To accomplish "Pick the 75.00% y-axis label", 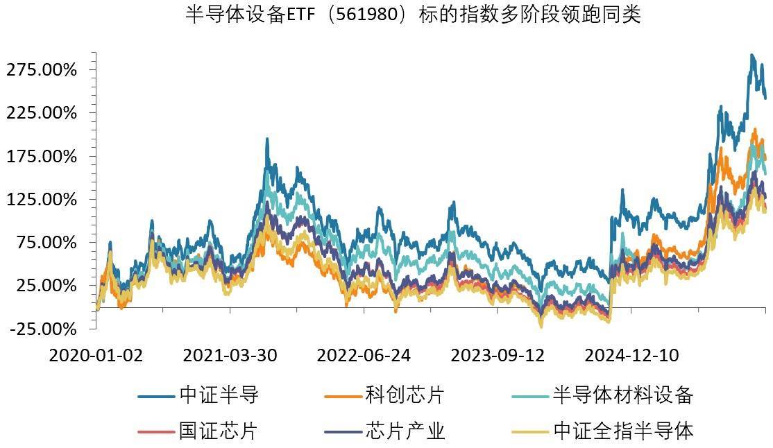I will click(x=46, y=242).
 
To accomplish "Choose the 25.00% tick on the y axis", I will click(x=46, y=285).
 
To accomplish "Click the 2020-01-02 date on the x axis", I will click(x=96, y=355).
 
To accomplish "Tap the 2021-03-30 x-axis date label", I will click(x=230, y=355).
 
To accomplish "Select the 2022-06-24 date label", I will click(x=364, y=355).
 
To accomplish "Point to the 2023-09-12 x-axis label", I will click(x=498, y=355).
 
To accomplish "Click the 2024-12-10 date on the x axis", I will click(x=631, y=355).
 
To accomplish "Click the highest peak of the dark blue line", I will click(x=751, y=55).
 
